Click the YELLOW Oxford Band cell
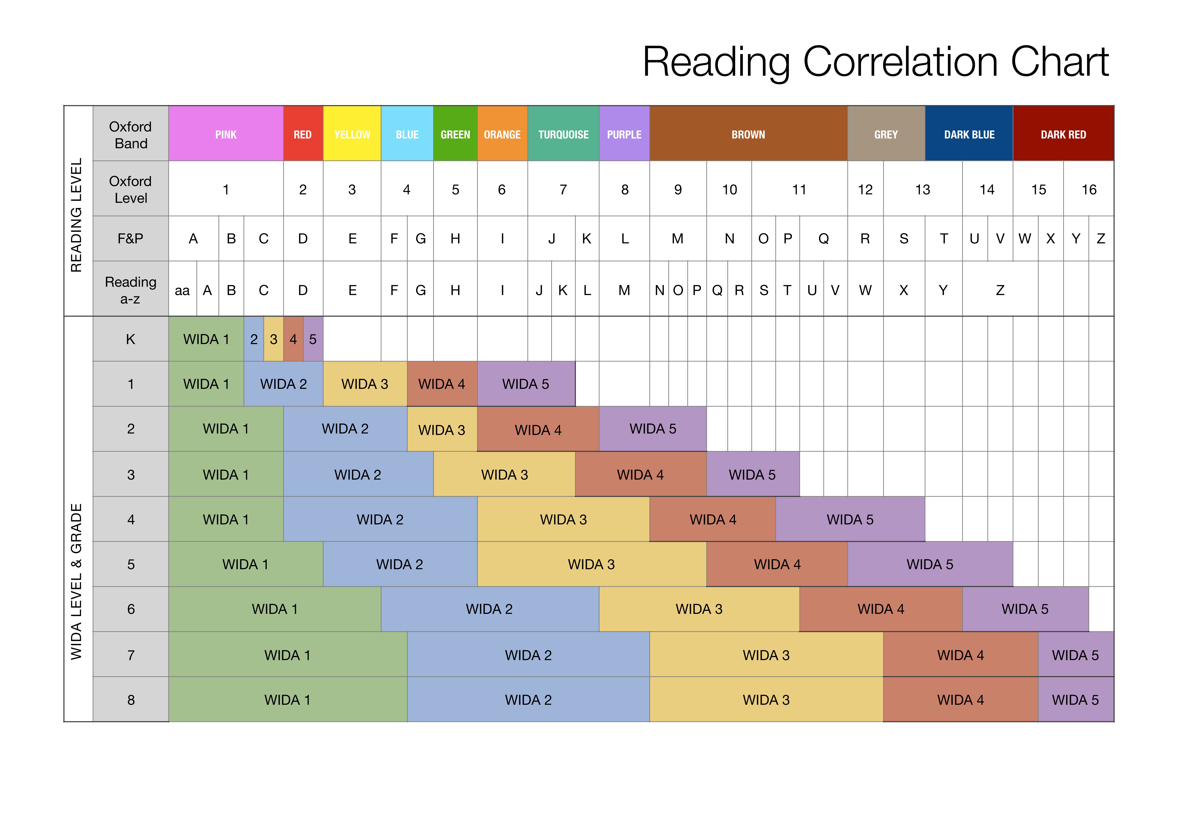tap(352, 134)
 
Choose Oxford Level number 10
tap(729, 190)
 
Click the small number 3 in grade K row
tap(274, 339)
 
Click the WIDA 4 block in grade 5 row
tap(777, 564)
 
